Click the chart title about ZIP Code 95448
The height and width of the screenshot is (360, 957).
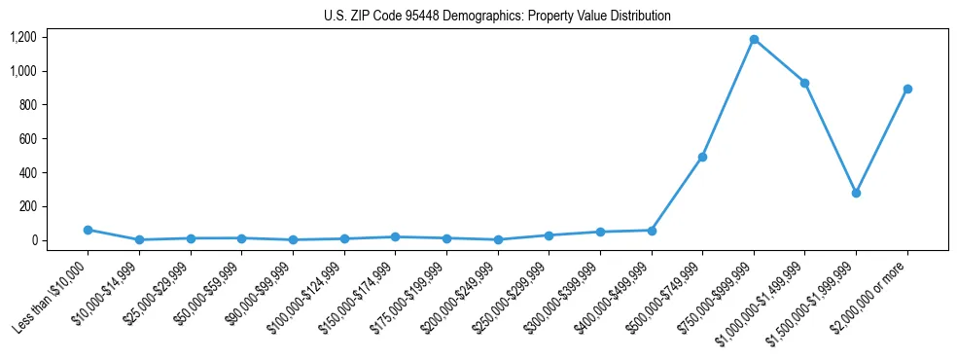tap(497, 17)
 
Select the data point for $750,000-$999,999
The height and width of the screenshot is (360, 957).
tap(754, 40)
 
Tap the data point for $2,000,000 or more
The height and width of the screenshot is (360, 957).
tap(907, 89)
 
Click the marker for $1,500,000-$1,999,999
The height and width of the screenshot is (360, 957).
tap(856, 193)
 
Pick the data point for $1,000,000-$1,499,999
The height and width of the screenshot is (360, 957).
tap(804, 83)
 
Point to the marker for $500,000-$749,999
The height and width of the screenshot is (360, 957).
tap(702, 157)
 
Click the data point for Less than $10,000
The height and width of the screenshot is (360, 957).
tap(88, 230)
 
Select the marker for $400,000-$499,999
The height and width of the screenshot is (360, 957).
tap(652, 231)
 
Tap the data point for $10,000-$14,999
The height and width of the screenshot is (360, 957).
tap(139, 239)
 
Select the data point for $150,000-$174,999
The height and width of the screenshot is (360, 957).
tap(395, 236)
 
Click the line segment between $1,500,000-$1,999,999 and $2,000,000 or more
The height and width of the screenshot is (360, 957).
tap(881, 141)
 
